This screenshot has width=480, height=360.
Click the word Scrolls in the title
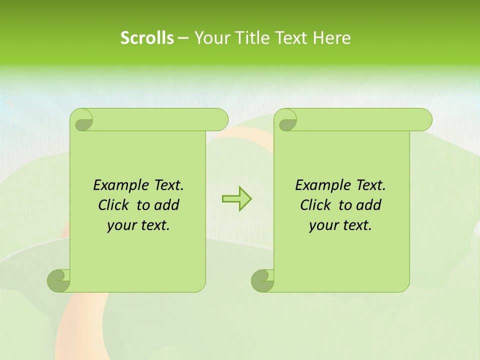click(147, 37)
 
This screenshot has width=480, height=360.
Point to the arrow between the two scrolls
click(236, 198)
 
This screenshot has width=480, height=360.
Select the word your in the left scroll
click(120, 225)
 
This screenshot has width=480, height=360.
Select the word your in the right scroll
click(322, 225)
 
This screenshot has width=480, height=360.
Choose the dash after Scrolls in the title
click(183, 37)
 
